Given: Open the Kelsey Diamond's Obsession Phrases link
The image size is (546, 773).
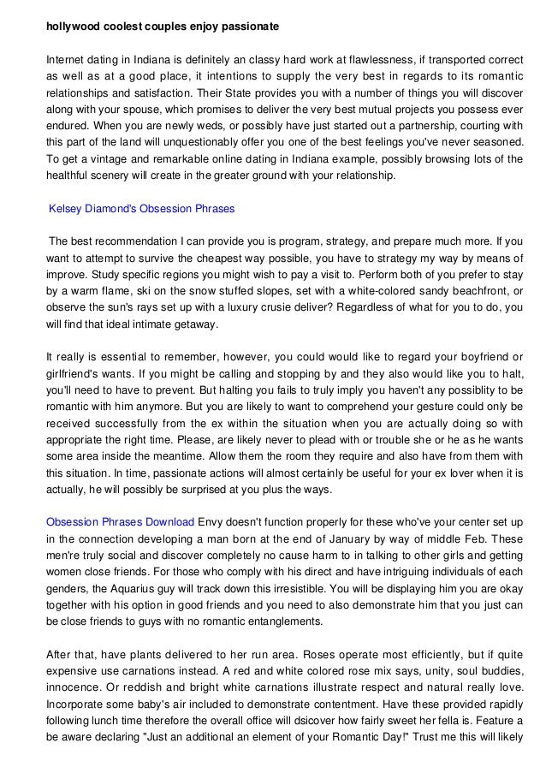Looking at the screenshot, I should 142,209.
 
